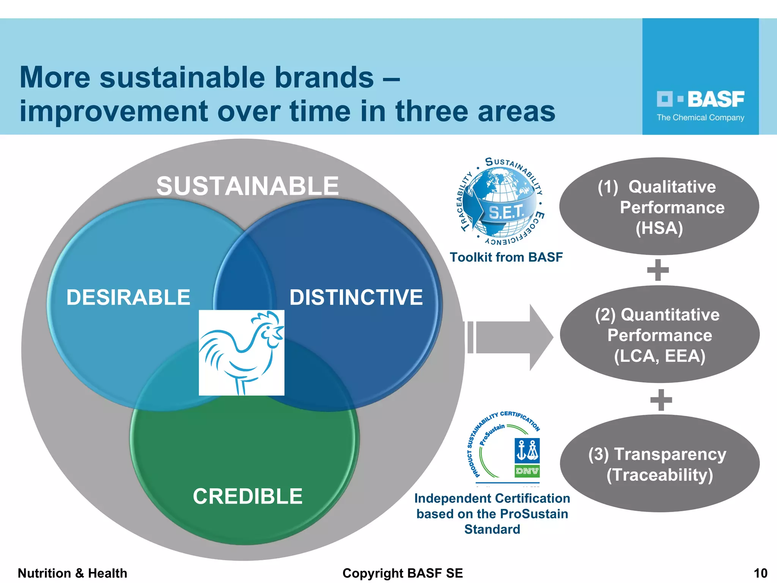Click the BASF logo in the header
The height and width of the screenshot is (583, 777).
click(x=700, y=100)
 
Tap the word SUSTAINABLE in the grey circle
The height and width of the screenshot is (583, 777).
click(x=247, y=186)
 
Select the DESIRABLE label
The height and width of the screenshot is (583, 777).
click(x=128, y=297)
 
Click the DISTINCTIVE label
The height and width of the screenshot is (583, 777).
click(x=356, y=297)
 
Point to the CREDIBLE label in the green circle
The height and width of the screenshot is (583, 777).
click(x=247, y=496)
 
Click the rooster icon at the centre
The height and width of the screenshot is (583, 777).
click(x=241, y=353)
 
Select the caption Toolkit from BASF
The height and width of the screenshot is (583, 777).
click(x=506, y=257)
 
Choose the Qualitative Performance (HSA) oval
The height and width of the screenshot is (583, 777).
click(x=659, y=207)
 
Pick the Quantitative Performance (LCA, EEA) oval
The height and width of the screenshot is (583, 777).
click(x=659, y=335)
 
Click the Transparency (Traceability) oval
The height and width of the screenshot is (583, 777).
click(x=659, y=464)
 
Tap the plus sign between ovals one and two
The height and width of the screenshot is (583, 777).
click(x=658, y=270)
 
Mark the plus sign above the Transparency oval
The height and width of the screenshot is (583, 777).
click(x=661, y=400)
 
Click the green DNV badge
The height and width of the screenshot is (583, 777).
click(x=527, y=471)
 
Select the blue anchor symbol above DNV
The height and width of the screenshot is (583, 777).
click(x=527, y=451)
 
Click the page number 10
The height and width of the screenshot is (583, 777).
click(x=760, y=573)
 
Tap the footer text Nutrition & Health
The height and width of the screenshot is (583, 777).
click(x=72, y=573)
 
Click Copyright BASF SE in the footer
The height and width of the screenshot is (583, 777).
click(x=403, y=573)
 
